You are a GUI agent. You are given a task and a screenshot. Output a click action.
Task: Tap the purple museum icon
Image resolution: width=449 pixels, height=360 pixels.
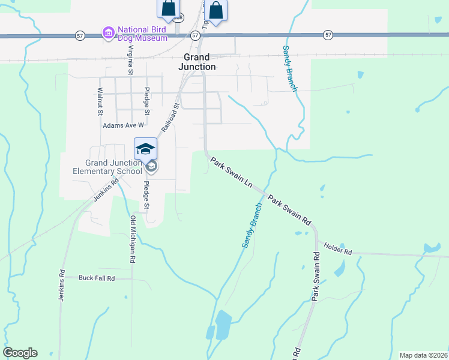pos(109,32)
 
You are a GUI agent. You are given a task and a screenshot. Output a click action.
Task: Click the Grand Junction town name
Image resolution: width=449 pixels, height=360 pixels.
pos(197,62)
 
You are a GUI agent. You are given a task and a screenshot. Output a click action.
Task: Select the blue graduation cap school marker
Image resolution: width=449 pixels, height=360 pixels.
pos(145,149)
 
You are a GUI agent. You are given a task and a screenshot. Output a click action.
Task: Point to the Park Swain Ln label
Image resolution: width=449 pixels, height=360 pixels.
pos(232,173)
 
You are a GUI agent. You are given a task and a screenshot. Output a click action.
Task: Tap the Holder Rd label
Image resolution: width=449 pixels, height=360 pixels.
pos(337,246)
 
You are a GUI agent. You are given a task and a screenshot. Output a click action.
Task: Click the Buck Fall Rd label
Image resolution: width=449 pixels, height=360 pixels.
pos(97,278)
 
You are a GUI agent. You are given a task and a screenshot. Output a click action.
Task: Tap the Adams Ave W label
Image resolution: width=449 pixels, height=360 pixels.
pos(124,125)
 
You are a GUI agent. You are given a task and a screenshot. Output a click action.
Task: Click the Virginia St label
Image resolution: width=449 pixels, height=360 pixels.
pos(130,59)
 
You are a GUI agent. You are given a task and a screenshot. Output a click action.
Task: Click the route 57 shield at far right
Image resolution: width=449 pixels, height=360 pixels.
pos(327,35)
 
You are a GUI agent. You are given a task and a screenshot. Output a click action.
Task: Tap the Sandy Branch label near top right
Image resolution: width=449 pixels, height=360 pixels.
pos(290,68)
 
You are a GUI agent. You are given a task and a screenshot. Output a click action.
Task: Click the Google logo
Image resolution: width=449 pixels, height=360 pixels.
pos(20,353)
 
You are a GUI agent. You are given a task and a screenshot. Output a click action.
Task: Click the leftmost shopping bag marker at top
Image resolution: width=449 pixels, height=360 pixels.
pos(169,8)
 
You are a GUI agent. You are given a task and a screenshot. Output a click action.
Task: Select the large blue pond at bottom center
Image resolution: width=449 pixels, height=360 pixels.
pos(223,325)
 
